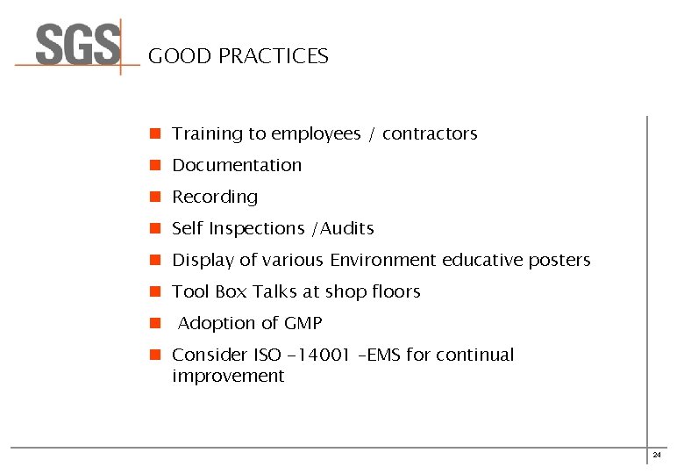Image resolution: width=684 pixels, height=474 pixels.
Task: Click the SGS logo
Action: click(x=78, y=46)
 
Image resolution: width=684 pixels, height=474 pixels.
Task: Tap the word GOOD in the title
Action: click(x=180, y=57)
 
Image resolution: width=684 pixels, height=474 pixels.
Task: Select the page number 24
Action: click(x=657, y=455)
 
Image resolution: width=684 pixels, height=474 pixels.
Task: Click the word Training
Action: click(x=207, y=134)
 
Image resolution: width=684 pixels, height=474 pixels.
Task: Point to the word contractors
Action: click(x=430, y=134)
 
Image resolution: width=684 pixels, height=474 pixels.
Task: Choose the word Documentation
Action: click(x=237, y=165)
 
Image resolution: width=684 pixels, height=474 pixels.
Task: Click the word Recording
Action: click(x=215, y=197)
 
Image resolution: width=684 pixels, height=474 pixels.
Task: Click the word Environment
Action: click(x=383, y=261)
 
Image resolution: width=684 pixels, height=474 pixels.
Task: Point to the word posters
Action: click(x=559, y=261)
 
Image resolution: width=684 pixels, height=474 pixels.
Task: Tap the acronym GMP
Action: click(x=303, y=323)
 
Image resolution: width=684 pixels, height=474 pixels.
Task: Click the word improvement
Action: click(x=228, y=377)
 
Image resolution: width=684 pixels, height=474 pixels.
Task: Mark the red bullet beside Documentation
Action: click(x=153, y=165)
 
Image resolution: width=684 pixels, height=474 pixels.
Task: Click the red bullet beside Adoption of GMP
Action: click(x=153, y=323)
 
